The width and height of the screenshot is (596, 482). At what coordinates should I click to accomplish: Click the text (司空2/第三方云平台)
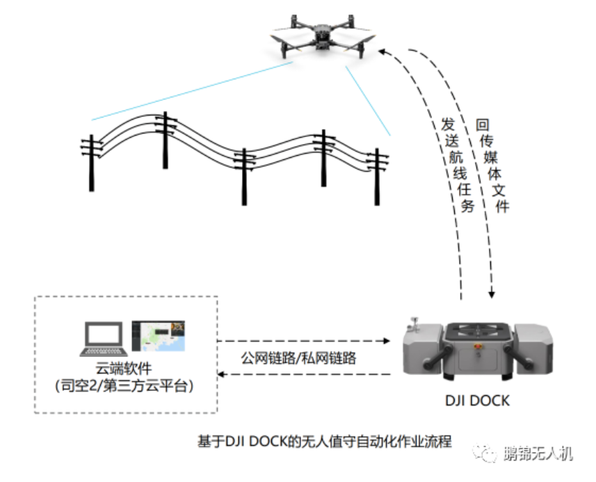click(124, 386)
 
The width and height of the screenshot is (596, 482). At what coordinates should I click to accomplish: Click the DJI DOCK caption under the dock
click(477, 401)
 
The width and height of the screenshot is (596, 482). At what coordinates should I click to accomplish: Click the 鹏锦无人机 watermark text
click(538, 453)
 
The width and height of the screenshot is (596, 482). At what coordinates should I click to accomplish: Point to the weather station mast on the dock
click(414, 322)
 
